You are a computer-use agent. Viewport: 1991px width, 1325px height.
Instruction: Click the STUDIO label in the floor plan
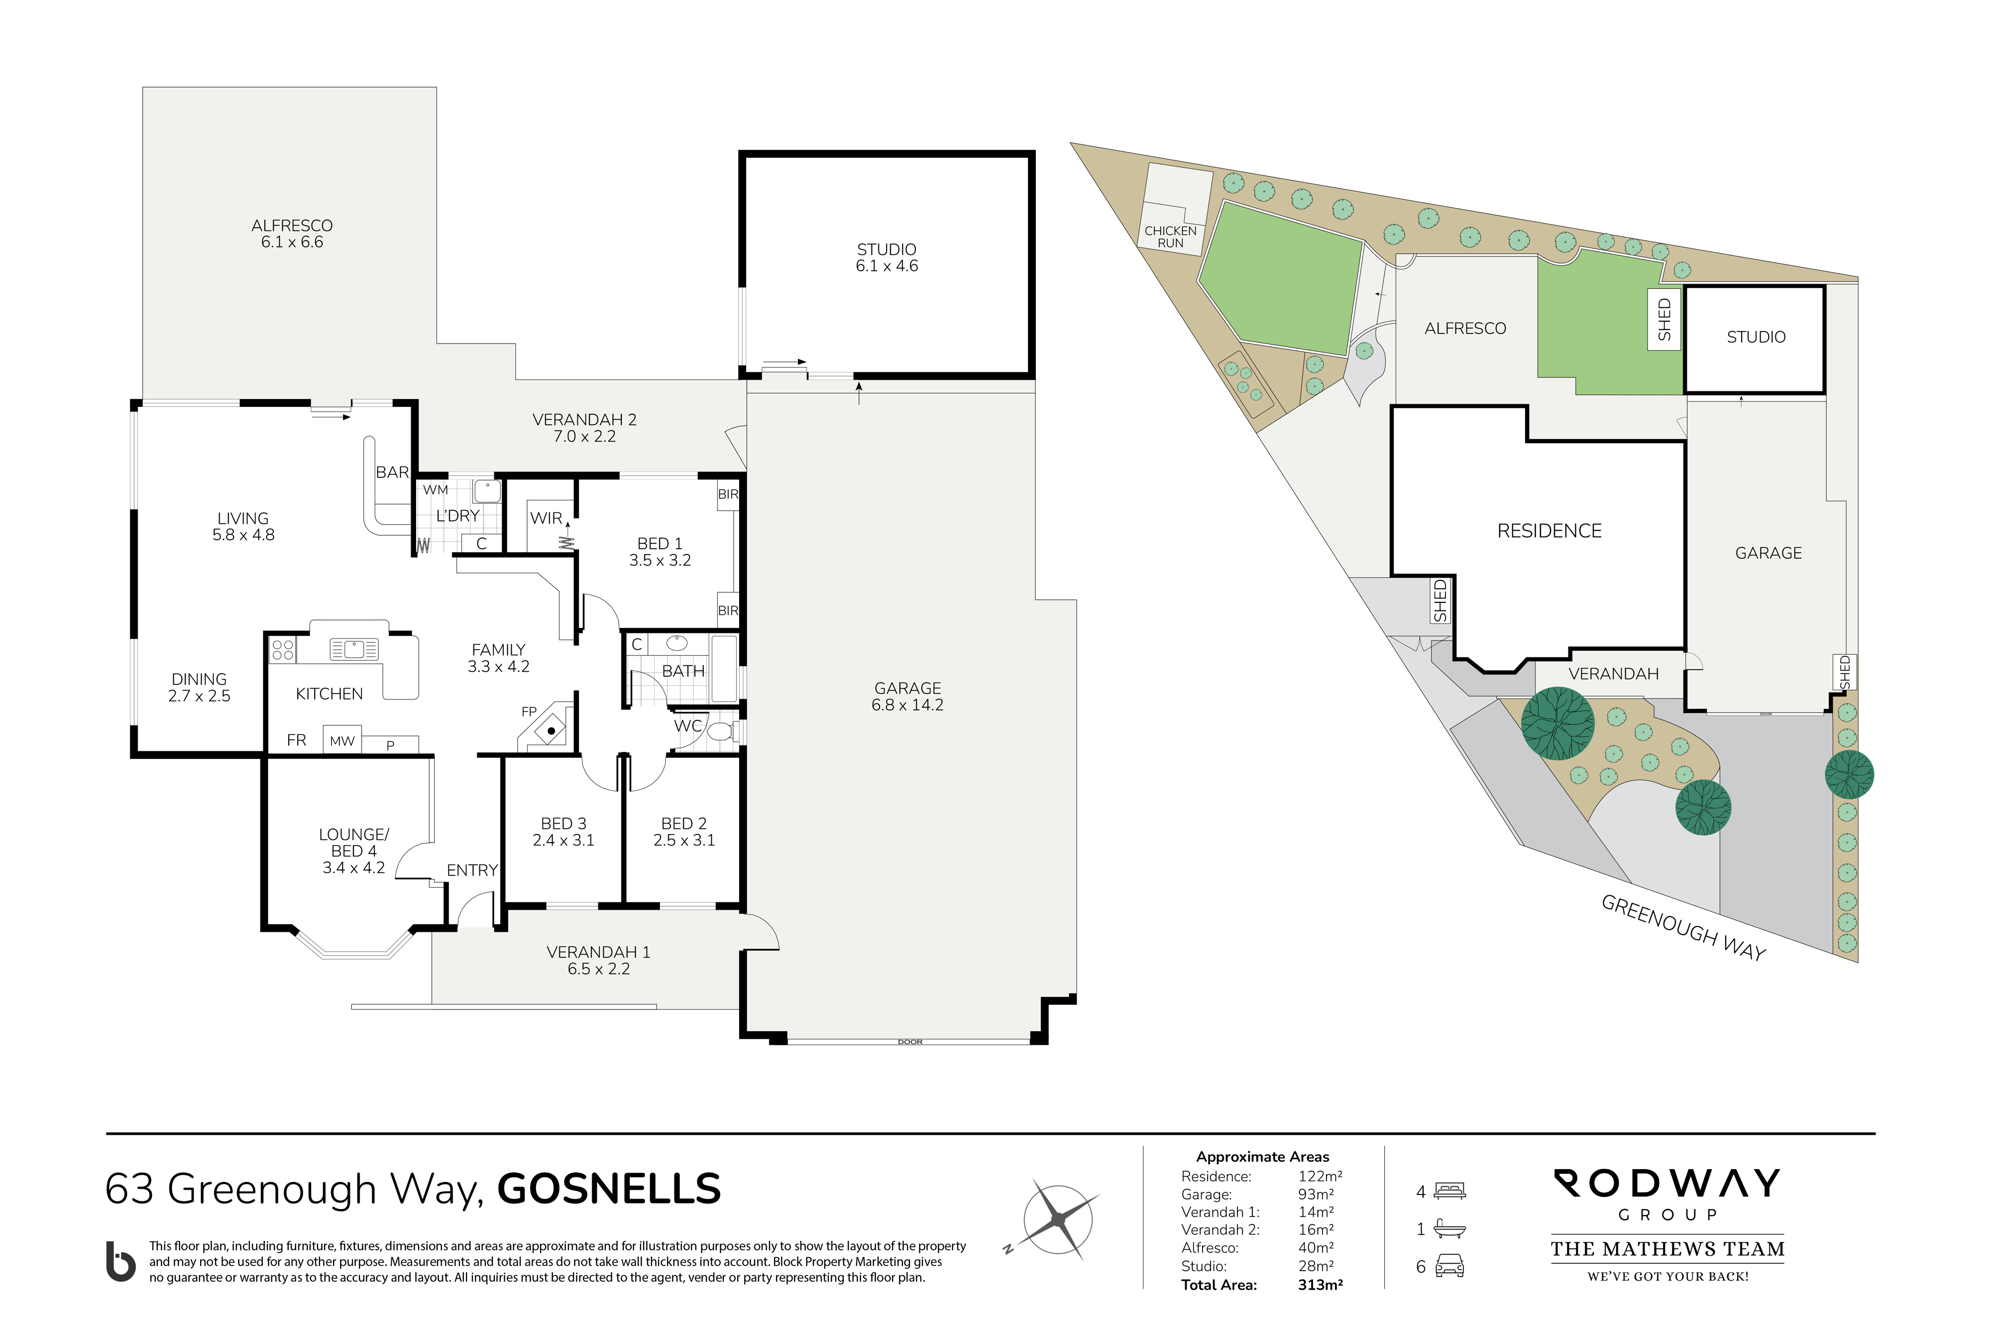(x=886, y=249)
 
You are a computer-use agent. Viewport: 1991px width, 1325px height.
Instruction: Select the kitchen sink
(x=354, y=649)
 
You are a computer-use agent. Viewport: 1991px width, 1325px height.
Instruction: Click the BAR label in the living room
(x=392, y=473)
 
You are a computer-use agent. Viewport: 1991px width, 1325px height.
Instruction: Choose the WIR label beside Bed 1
(x=546, y=518)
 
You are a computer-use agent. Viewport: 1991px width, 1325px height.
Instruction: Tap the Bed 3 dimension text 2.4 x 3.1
(x=563, y=840)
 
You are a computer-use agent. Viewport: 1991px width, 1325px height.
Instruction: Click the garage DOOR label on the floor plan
(x=910, y=1042)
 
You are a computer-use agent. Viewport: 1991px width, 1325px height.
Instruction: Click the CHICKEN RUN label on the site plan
(x=1170, y=237)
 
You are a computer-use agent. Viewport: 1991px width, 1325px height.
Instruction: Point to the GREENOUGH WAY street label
(x=1683, y=928)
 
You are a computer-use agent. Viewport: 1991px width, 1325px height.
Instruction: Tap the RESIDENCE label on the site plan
(x=1549, y=531)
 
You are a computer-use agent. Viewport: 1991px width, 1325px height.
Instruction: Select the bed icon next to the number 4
(x=1449, y=1192)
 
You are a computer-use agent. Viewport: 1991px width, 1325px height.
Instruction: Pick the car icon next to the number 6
(x=1449, y=1266)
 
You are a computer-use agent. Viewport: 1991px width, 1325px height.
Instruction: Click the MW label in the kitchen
(x=342, y=741)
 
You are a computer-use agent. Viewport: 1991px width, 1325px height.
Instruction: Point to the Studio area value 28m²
(x=1316, y=1266)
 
